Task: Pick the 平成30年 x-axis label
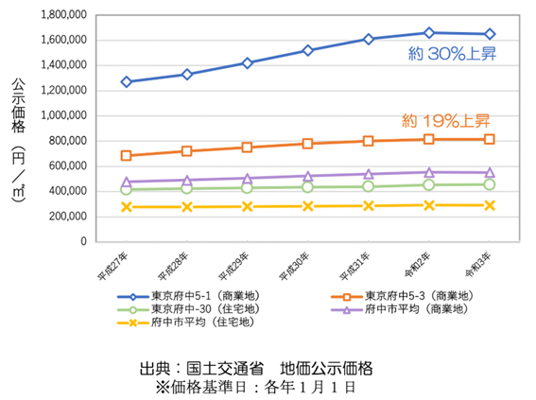pyautogui.click(x=297, y=268)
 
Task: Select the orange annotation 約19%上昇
pyautogui.click(x=445, y=121)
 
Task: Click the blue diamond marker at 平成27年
pyautogui.click(x=126, y=81)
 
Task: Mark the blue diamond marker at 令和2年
pyautogui.click(x=429, y=33)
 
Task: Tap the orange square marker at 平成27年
pyautogui.click(x=126, y=156)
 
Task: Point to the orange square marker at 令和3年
pyautogui.click(x=489, y=139)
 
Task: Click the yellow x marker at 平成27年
pyautogui.click(x=126, y=206)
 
